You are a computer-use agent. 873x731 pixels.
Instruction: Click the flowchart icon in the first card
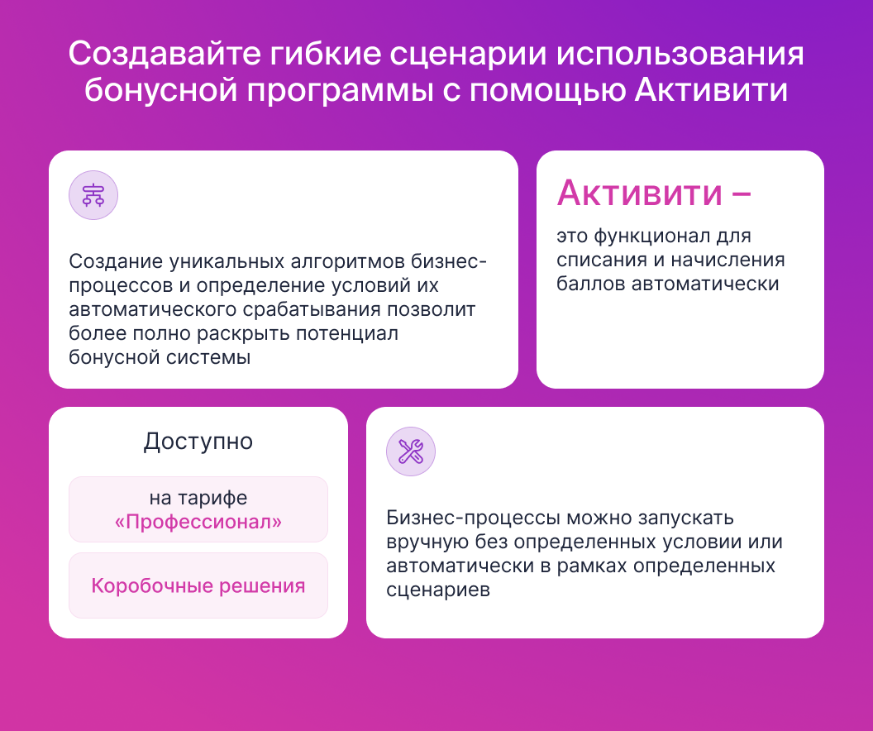click(93, 195)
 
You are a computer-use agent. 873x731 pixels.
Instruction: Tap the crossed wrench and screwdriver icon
click(411, 451)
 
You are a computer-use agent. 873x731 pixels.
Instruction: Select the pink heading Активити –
click(654, 193)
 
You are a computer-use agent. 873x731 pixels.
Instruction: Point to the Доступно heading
click(198, 442)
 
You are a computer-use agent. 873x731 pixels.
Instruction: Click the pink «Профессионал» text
click(198, 522)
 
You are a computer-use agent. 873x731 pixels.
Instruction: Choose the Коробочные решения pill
click(198, 585)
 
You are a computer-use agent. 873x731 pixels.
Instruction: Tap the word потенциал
click(347, 333)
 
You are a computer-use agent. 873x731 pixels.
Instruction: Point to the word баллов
click(590, 284)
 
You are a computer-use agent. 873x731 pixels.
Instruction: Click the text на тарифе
click(198, 498)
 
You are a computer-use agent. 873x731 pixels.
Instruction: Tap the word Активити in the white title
click(712, 90)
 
